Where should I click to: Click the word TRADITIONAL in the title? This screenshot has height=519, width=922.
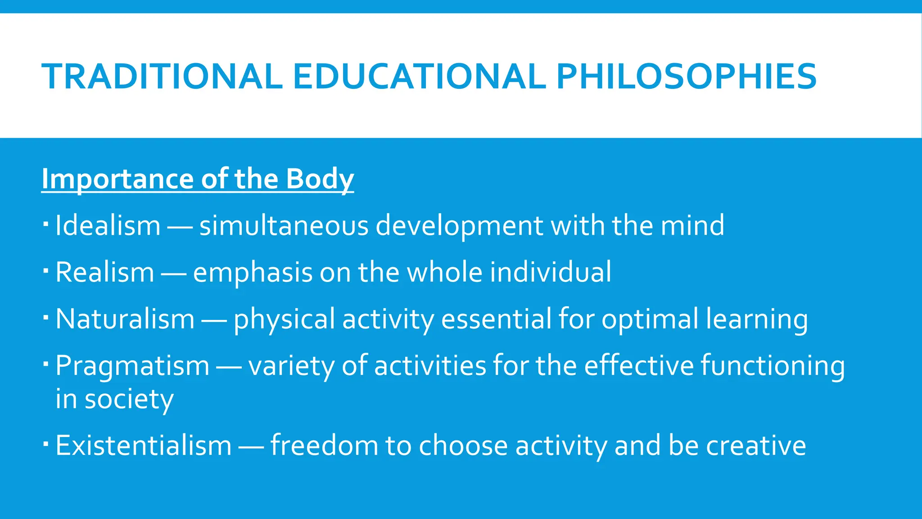point(162,77)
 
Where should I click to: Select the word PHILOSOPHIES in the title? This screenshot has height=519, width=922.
point(686,77)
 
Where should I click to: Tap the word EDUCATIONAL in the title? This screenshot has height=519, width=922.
point(420,77)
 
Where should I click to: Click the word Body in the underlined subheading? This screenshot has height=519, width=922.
point(320,179)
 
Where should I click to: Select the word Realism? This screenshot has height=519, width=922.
point(105,272)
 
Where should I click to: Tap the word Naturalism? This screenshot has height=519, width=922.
point(125,319)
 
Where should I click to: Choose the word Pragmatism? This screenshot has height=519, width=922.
point(132,365)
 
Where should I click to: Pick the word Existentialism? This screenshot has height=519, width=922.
point(143,446)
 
